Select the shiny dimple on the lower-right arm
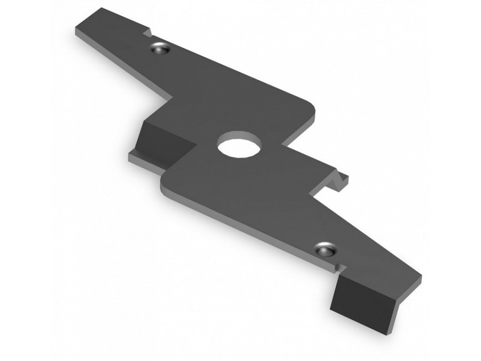[x=324, y=249]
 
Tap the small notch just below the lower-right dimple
[x=336, y=265]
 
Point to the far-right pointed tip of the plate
[x=420, y=279]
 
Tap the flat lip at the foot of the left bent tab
[x=142, y=159]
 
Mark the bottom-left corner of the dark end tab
[x=331, y=309]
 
